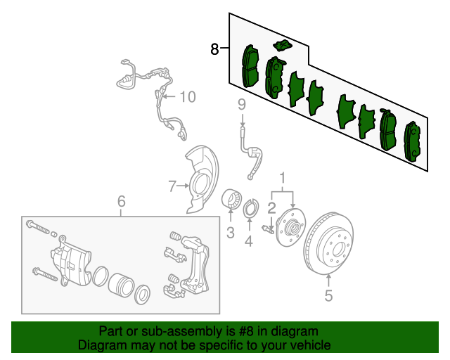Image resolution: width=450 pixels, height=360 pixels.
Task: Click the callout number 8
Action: [x=214, y=49]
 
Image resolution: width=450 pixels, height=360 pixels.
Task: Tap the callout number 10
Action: [x=187, y=96]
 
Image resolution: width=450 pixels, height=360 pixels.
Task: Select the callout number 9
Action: [x=241, y=105]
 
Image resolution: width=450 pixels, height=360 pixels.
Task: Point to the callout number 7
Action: [x=171, y=186]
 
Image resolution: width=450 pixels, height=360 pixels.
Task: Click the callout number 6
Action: [x=121, y=202]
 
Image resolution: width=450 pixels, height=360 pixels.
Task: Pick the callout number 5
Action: [x=328, y=296]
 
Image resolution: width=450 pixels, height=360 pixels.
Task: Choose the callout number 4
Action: [x=248, y=242]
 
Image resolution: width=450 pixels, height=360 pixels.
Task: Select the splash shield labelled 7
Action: [x=200, y=180]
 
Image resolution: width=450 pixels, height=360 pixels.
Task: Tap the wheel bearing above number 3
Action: [x=231, y=200]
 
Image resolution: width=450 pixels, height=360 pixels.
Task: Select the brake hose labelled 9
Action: [x=250, y=151]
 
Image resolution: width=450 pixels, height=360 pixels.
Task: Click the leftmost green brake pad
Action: [x=250, y=66]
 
